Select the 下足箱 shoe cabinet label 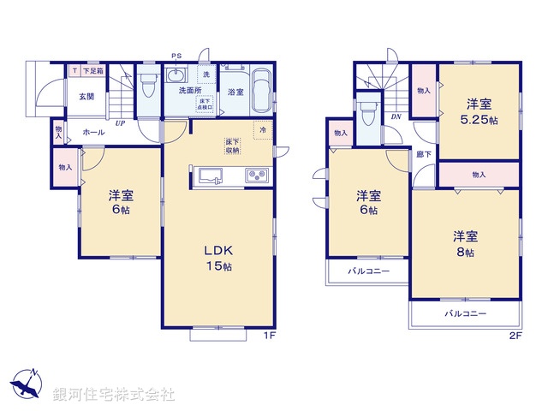tap(92, 71)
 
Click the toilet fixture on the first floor tap(147, 86)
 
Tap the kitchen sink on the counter tap(211, 176)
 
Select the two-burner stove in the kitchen tap(258, 176)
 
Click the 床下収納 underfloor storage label tap(233, 146)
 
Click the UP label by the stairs tap(121, 123)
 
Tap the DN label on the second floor tap(396, 116)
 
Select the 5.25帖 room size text tap(479, 121)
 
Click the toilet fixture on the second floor tap(368, 112)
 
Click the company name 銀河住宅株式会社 tap(114, 395)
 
